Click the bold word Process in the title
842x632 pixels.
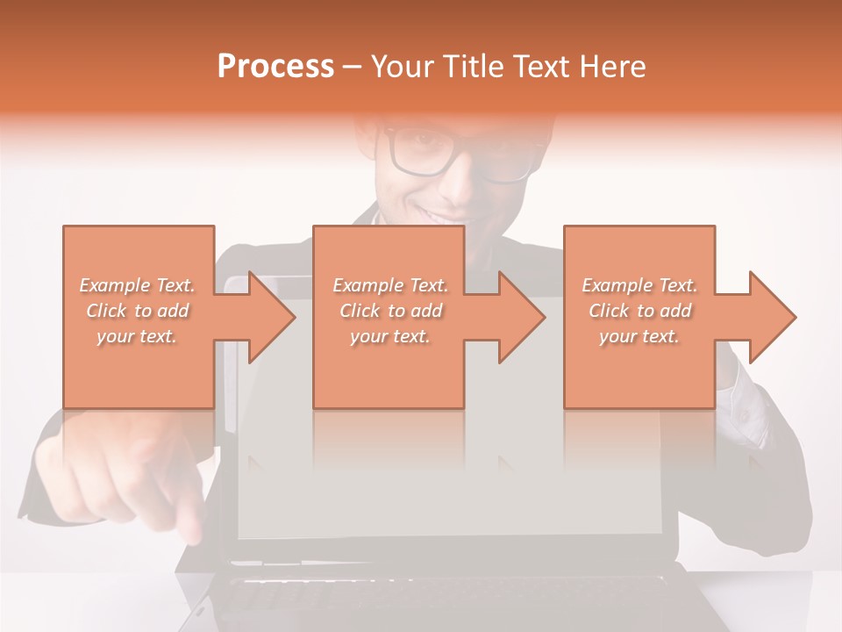tap(275, 67)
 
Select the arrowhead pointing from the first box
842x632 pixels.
tap(268, 317)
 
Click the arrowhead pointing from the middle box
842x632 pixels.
tap(519, 317)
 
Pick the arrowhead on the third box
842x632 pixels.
tap(770, 317)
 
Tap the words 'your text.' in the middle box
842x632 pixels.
tap(389, 336)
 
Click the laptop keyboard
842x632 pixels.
tap(439, 597)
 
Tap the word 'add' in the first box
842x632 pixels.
tap(174, 311)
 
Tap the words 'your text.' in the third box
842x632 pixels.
tap(639, 336)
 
